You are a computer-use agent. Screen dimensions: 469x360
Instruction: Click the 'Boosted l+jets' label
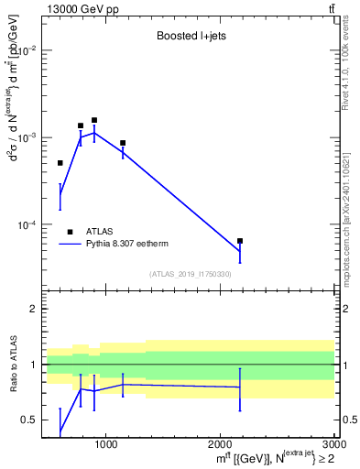click(191, 38)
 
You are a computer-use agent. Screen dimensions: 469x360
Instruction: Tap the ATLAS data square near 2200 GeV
click(240, 241)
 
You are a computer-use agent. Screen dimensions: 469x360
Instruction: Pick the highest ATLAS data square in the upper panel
click(94, 120)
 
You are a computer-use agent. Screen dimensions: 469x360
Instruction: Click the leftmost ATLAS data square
click(60, 163)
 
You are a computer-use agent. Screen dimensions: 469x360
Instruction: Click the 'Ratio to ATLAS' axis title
click(15, 364)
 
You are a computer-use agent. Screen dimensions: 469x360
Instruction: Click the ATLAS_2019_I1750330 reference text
click(191, 274)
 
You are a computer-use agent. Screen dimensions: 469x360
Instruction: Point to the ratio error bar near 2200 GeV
click(240, 389)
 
